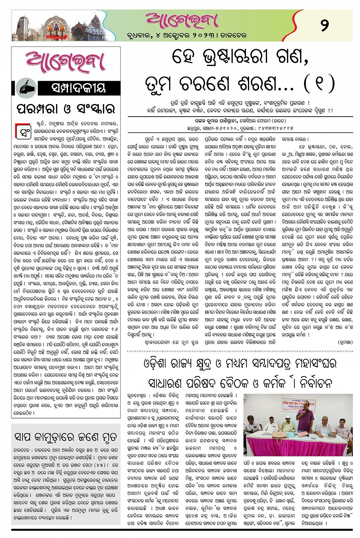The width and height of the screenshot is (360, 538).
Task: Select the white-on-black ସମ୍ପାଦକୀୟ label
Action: [78, 88]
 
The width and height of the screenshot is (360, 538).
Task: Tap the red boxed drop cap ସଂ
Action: [22, 131]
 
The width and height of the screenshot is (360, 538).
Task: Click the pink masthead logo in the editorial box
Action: [66, 63]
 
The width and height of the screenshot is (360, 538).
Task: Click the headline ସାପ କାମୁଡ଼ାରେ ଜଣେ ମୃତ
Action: [66, 437]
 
